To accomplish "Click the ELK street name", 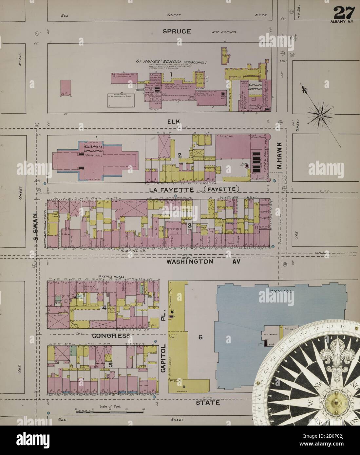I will pyautogui.click(x=173, y=122).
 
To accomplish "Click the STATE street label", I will pyautogui.click(x=208, y=403).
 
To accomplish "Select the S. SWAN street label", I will pyautogui.click(x=36, y=227).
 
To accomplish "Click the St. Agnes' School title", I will pyautogui.click(x=157, y=61).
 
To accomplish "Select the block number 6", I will pyautogui.click(x=200, y=337).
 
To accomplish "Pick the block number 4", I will pyautogui.click(x=104, y=307).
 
